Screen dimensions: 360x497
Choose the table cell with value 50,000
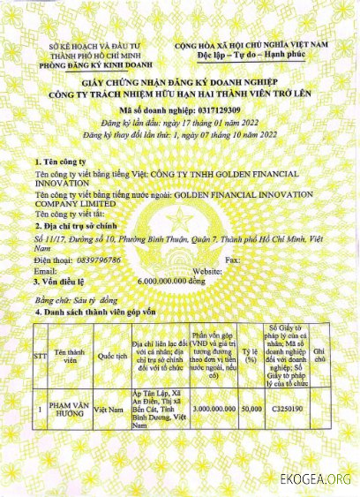coord(251,410)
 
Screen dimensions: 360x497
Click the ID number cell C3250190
coord(287,410)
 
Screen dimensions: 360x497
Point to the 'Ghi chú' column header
coord(320,357)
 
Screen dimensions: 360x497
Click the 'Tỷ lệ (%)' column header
coord(251,357)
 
